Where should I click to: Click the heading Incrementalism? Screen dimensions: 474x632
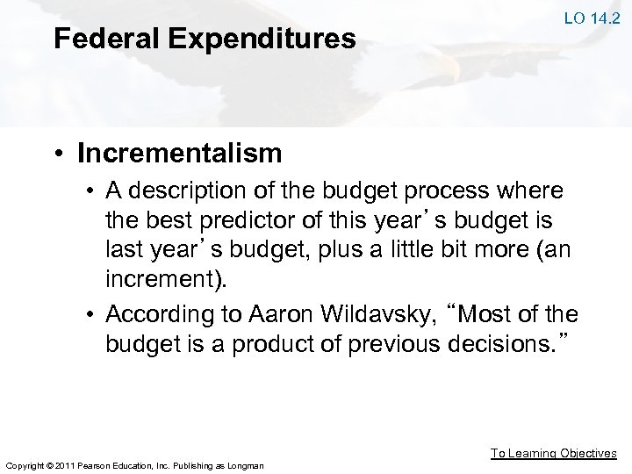pyautogui.click(x=180, y=154)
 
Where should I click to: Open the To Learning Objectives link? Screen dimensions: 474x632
pyautogui.click(x=553, y=453)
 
